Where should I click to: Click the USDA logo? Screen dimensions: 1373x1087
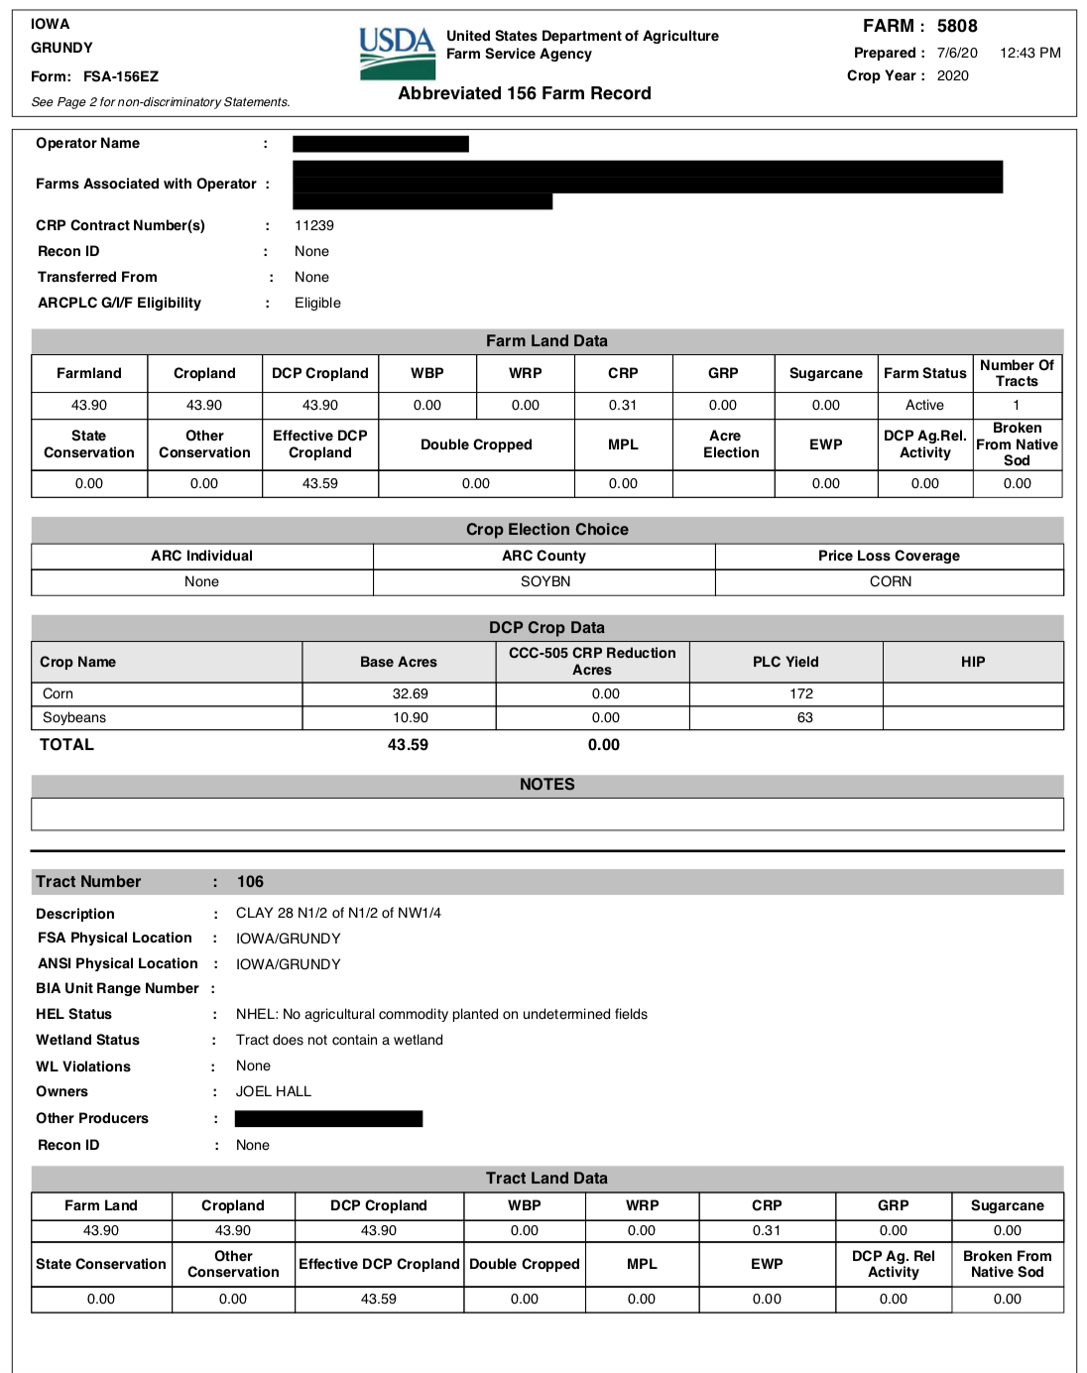(397, 54)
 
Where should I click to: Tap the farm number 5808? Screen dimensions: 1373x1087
(957, 26)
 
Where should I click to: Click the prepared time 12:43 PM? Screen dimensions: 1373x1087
(1029, 53)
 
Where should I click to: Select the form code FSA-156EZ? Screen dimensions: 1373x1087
(121, 76)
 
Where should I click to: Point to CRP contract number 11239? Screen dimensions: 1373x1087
(314, 225)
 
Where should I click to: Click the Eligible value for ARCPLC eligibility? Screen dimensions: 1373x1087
(317, 303)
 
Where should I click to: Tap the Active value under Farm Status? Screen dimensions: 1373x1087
(924, 405)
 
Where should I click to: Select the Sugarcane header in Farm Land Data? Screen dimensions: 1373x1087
(825, 373)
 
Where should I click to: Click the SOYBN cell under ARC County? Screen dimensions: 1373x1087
(545, 581)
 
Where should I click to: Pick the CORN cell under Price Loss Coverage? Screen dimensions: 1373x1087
(890, 581)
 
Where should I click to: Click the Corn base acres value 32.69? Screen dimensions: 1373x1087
(410, 693)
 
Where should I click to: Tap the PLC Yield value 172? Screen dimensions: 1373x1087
(801, 693)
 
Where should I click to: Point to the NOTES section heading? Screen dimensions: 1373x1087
(546, 784)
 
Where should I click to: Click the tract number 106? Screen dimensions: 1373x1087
(250, 881)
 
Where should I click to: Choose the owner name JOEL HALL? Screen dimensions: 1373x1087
(274, 1091)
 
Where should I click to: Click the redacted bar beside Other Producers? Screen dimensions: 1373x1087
(328, 1118)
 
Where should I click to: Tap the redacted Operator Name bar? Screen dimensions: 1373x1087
(380, 144)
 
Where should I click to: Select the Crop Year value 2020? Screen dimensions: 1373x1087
(952, 75)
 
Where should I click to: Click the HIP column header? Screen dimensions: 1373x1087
(972, 662)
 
